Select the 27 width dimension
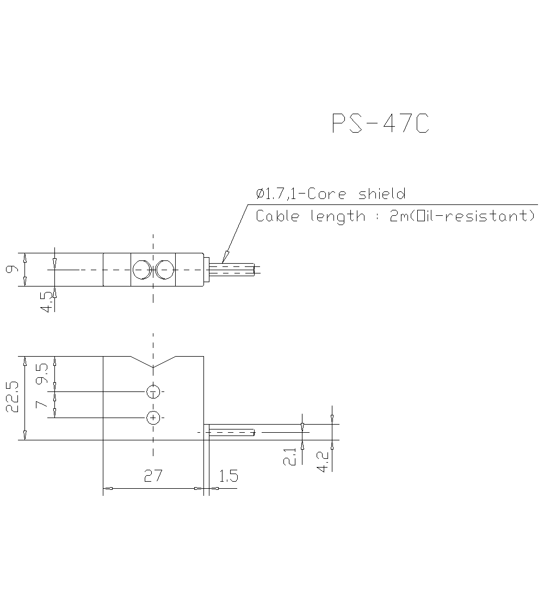tap(153, 476)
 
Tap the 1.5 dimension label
tap(228, 476)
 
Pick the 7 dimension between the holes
tap(39, 404)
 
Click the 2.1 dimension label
tap(290, 456)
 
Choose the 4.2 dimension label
tap(323, 461)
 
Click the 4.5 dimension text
tap(47, 302)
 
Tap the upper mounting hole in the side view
tap(153, 391)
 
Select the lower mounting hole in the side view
tap(153, 418)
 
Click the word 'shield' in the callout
tap(382, 194)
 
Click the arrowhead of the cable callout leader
tap(225, 257)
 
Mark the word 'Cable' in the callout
tap(277, 216)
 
